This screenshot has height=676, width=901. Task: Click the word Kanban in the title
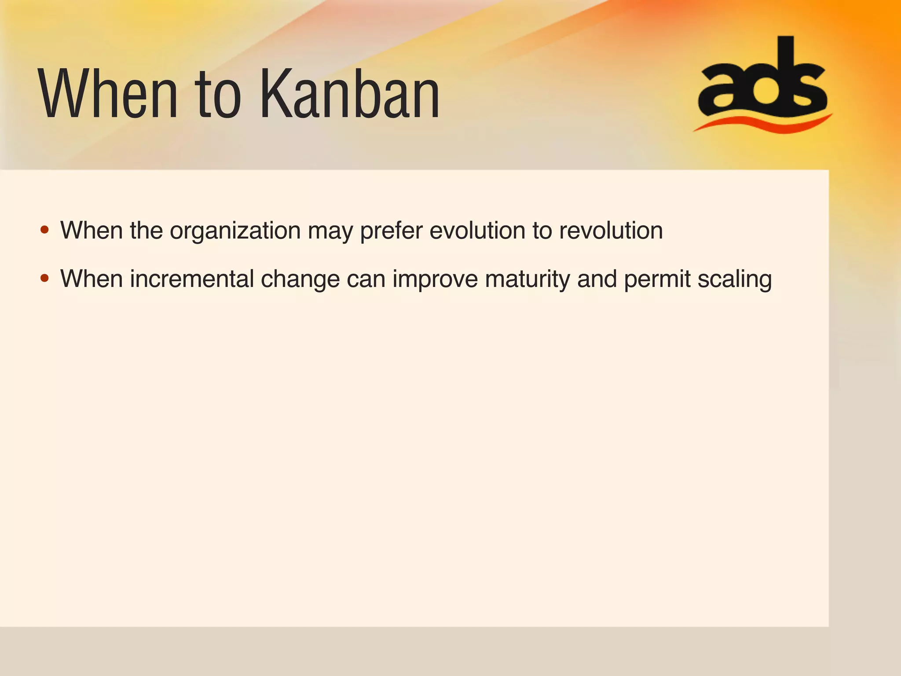350,94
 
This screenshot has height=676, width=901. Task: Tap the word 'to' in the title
219,94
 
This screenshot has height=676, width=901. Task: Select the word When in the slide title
108,94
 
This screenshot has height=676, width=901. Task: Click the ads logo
763,84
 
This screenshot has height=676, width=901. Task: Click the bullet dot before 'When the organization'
44,230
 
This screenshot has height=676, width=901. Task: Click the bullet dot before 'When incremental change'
44,278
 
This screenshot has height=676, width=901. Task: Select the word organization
235,231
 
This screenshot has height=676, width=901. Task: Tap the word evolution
477,231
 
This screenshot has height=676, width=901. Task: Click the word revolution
611,231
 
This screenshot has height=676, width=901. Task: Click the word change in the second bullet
300,279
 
